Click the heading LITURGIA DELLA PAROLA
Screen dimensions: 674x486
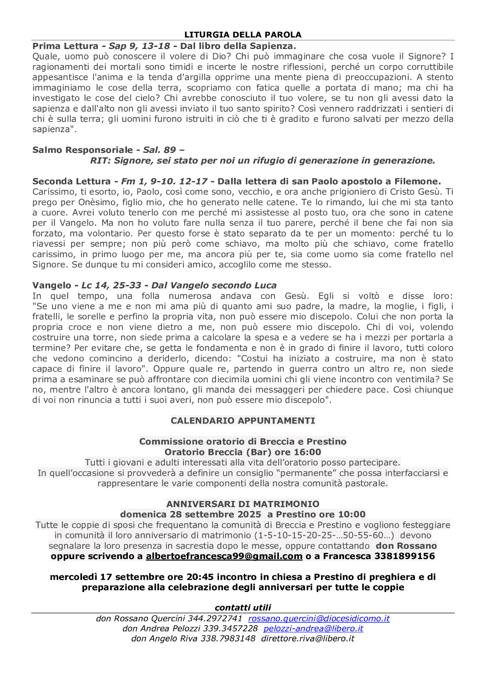243,35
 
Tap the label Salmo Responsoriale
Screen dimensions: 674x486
82,150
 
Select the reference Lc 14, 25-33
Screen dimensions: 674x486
111,285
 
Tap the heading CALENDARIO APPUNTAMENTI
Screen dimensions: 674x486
243,421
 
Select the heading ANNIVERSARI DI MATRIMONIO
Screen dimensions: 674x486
243,504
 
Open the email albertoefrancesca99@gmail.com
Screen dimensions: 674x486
224,556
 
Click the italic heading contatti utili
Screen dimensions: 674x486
243,608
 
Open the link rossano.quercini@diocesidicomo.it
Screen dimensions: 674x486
319,618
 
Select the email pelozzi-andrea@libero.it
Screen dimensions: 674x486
313,628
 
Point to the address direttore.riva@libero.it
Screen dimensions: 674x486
308,639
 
